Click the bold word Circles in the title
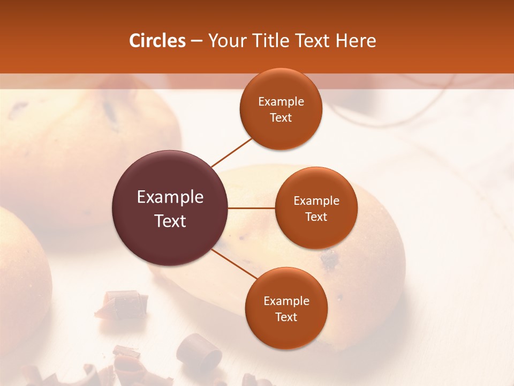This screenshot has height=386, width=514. pyautogui.click(x=157, y=41)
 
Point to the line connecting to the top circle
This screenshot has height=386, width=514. pyautogui.click(x=231, y=152)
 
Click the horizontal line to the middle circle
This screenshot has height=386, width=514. pyautogui.click(x=251, y=208)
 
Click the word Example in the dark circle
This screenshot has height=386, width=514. pyautogui.click(x=170, y=197)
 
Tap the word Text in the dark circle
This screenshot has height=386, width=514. pyautogui.click(x=170, y=221)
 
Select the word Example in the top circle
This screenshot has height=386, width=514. pyautogui.click(x=281, y=102)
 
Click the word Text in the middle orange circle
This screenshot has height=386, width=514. pyautogui.click(x=316, y=217)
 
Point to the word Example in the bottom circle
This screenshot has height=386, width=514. pyautogui.click(x=286, y=301)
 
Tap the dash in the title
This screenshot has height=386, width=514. pyautogui.click(x=196, y=41)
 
